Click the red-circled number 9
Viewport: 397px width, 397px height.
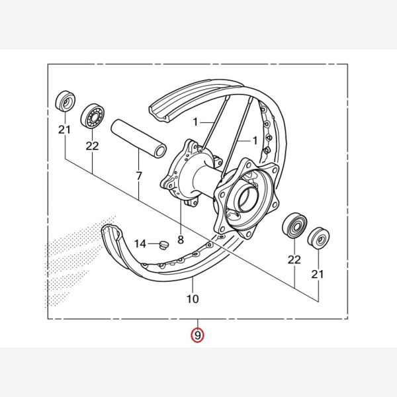click(197, 335)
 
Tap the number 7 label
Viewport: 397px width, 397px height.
click(139, 176)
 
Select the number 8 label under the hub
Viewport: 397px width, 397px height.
click(181, 240)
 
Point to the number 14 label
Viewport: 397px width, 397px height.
click(140, 243)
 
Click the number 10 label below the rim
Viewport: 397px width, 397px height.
click(193, 299)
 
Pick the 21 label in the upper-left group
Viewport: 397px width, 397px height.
click(65, 130)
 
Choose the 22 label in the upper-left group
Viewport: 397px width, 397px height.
click(92, 146)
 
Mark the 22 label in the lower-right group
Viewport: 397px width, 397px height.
click(294, 260)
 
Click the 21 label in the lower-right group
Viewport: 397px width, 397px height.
click(318, 274)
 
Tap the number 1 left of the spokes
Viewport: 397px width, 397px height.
click(195, 122)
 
